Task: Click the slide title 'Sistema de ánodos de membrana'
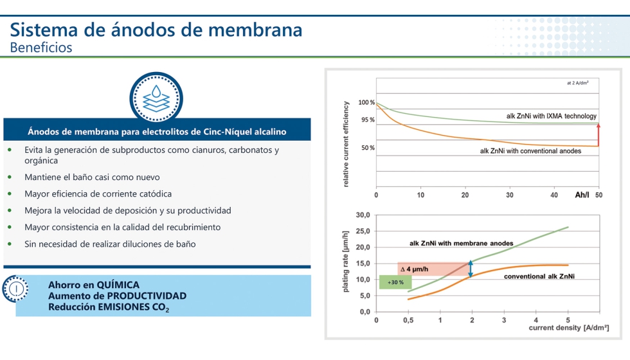156,30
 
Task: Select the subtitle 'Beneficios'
41,48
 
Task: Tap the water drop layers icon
156,98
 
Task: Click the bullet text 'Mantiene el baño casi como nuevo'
92,177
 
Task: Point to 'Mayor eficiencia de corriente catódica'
98,194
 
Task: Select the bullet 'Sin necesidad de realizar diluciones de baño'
110,244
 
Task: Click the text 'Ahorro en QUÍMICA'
94,285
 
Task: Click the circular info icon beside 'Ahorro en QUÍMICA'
16,289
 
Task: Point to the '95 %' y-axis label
368,120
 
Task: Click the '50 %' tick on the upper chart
368,148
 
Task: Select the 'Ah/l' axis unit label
583,194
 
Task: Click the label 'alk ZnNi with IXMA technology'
551,116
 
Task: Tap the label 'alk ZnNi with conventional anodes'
530,151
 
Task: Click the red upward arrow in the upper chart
598,134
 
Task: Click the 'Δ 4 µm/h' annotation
414,269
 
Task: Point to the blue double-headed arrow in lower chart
471,268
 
